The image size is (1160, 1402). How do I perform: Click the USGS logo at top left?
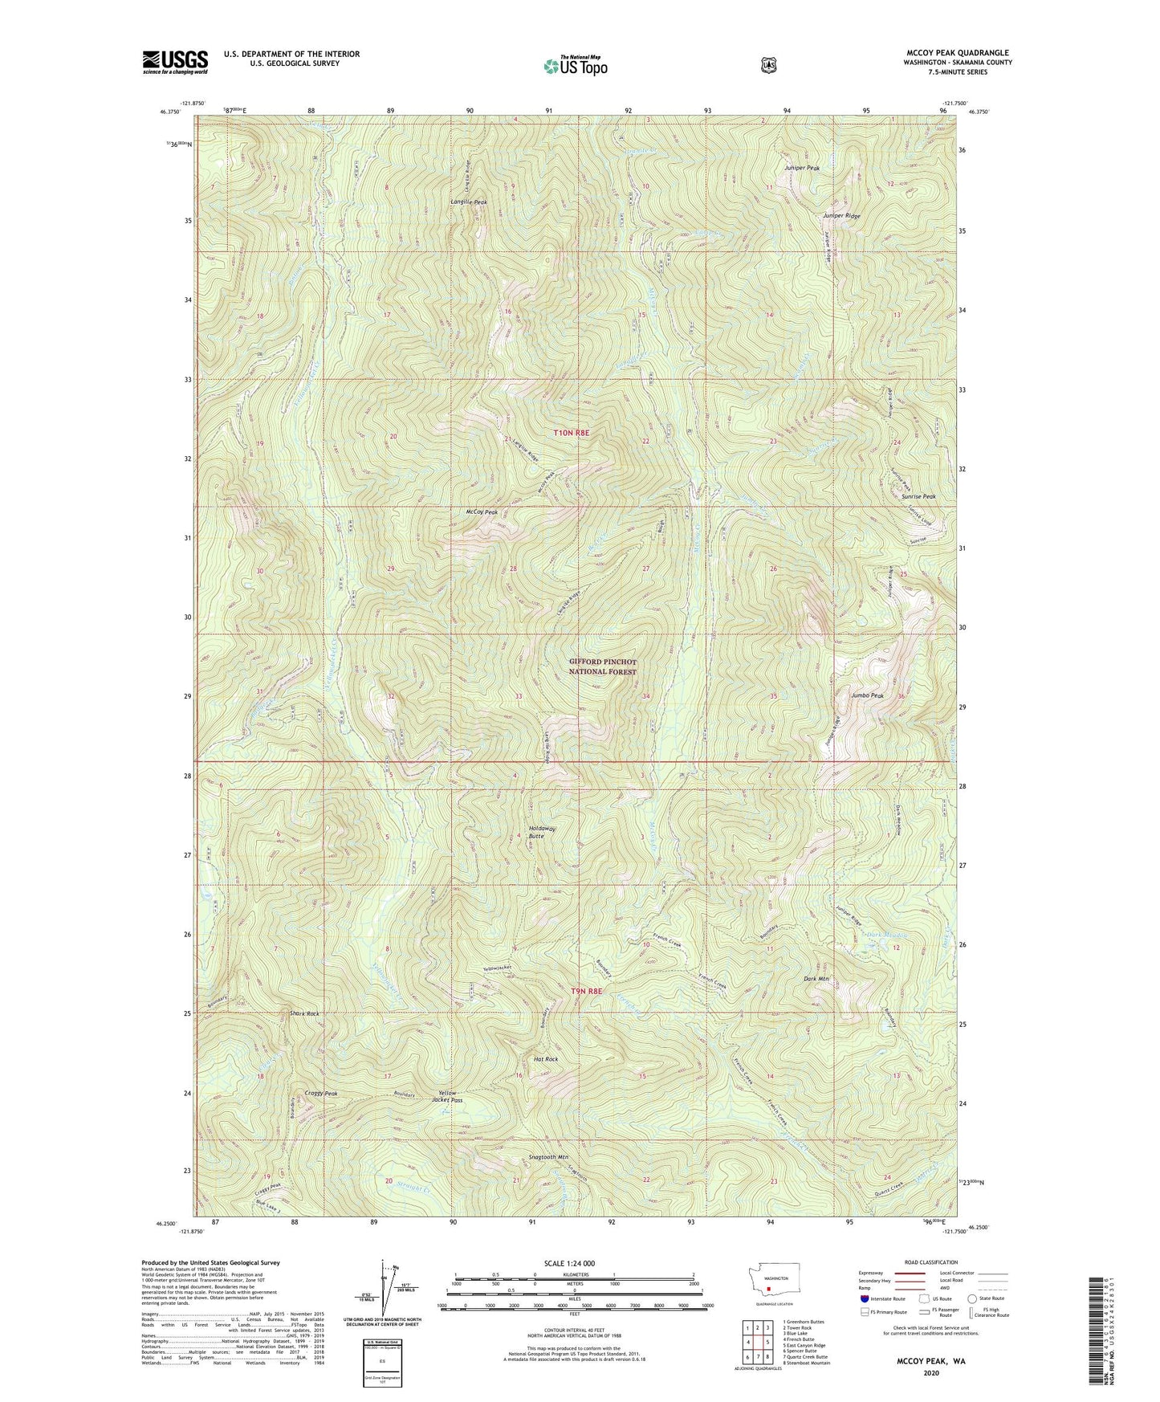pyautogui.click(x=175, y=62)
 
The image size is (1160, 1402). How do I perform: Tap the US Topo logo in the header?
pyautogui.click(x=574, y=66)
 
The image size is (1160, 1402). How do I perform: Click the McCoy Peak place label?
pyautogui.click(x=482, y=512)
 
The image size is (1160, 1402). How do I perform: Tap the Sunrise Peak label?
pyautogui.click(x=918, y=497)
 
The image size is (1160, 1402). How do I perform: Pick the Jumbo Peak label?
pyautogui.click(x=867, y=695)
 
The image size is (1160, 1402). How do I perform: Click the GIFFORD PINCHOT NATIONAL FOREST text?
pyautogui.click(x=603, y=666)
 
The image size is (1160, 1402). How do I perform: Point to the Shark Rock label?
pyautogui.click(x=304, y=1013)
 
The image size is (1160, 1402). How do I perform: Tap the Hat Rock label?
pyautogui.click(x=546, y=1059)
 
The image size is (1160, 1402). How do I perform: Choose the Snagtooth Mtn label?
pyautogui.click(x=548, y=1157)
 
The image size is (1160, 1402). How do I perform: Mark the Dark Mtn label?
pyautogui.click(x=816, y=979)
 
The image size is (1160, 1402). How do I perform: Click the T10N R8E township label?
pyautogui.click(x=572, y=433)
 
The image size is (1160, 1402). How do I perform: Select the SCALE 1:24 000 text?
pyautogui.click(x=569, y=1263)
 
